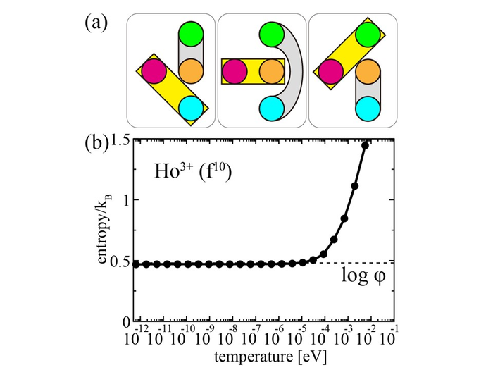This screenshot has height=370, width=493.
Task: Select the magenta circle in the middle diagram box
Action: coord(236,71)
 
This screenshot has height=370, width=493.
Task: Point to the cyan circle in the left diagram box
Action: coord(191,108)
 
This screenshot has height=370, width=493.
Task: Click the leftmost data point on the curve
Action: coord(137,264)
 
